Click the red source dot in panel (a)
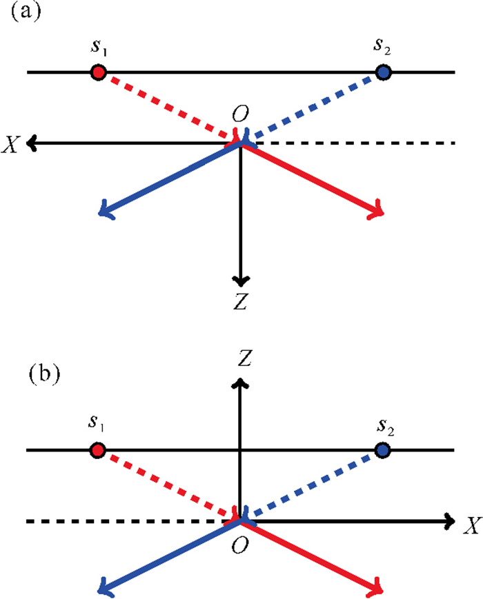98,72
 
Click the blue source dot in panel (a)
384,72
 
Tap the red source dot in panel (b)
98,450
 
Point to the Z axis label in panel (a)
240,301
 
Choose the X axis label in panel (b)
471,526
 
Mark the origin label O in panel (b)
240,545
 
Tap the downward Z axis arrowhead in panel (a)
240,280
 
